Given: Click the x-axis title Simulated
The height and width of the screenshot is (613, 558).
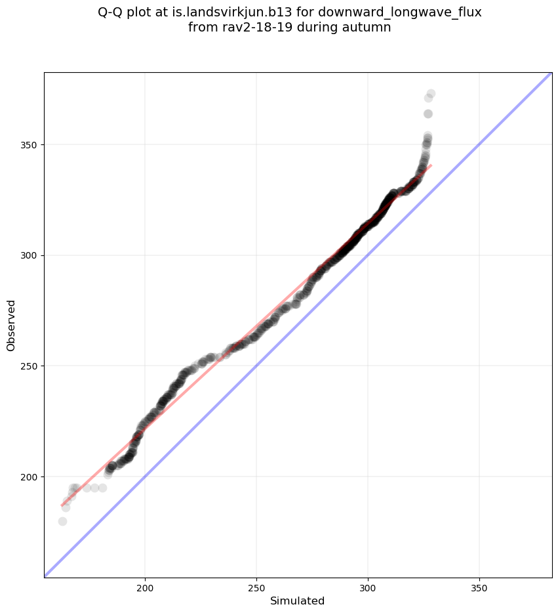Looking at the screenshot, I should point(298,601).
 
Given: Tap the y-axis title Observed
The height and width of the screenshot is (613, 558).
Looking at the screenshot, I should point(11,325).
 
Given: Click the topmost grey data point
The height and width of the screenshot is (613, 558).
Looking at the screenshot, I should point(431,94).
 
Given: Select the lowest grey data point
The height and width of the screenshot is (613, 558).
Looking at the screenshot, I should point(62,521).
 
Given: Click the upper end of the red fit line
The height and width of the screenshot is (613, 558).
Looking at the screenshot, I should point(430,165).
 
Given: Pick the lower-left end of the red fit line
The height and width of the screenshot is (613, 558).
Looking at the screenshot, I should point(62,505).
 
